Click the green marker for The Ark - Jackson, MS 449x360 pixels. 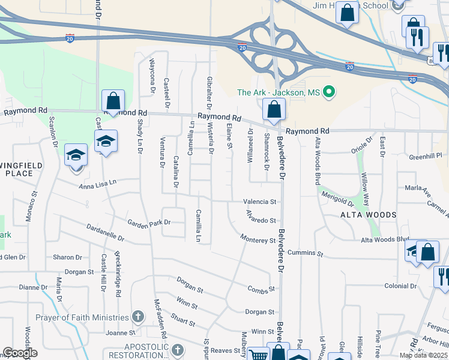[x=328, y=92]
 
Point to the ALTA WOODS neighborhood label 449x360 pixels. [x=369, y=215]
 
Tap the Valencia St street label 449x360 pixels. [x=259, y=202]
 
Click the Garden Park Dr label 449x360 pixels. [x=149, y=223]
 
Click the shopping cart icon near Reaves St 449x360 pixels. [x=258, y=355]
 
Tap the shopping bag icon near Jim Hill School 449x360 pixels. [x=347, y=13]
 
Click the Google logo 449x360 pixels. [x=20, y=353]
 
